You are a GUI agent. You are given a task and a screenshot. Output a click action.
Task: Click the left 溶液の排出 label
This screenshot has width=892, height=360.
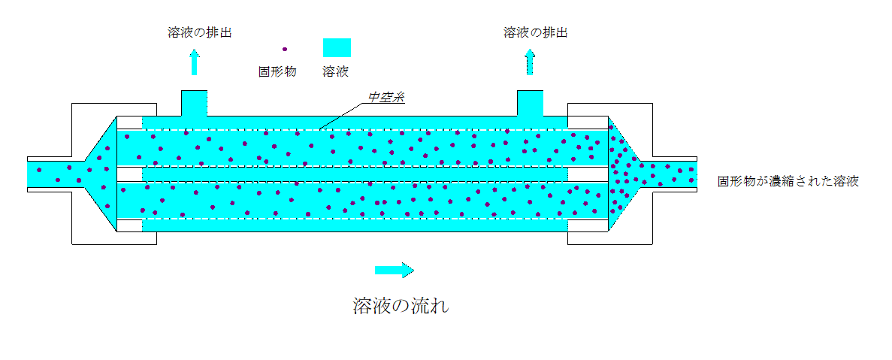194,32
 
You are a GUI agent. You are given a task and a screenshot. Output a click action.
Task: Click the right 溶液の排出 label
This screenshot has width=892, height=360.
535,32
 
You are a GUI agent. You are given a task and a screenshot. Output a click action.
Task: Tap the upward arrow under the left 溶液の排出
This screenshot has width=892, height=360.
195,62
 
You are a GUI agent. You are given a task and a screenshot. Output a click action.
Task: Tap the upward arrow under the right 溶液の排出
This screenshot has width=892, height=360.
530,62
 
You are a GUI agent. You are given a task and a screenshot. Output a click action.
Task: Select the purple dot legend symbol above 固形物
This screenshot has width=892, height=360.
284,50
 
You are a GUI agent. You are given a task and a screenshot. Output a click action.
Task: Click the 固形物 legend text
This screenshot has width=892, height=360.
277,72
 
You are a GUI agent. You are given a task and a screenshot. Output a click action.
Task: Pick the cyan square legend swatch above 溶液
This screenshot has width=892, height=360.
337,47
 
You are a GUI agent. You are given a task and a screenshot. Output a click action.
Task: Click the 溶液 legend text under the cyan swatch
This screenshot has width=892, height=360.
335,72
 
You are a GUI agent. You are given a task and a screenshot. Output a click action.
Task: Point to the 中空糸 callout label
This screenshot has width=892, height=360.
386,98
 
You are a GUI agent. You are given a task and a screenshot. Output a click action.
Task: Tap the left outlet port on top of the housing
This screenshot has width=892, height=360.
194,103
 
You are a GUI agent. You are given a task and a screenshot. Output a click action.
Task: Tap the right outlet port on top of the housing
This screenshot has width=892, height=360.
530,103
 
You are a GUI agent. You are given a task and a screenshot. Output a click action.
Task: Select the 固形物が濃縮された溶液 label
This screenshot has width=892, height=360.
788,181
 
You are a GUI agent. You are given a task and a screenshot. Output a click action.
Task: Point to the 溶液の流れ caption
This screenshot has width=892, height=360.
401,306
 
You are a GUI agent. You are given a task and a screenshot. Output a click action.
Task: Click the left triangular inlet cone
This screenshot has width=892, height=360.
102,174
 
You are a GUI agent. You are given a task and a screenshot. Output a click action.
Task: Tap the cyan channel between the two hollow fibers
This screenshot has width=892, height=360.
353,174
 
